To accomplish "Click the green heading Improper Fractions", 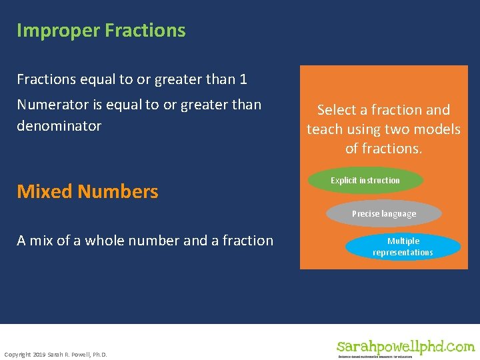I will [101, 31].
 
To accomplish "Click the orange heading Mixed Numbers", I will [87, 191].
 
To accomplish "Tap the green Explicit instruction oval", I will [365, 181].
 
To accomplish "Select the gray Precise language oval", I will [383, 214].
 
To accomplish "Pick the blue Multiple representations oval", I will [403, 247].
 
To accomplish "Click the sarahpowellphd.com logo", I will [405, 347].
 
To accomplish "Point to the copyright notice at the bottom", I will [55, 353].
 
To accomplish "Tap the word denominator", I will [59, 126].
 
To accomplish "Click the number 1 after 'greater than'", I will [243, 79].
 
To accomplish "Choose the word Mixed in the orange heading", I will [45, 191].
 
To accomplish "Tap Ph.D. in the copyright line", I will [98, 353].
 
